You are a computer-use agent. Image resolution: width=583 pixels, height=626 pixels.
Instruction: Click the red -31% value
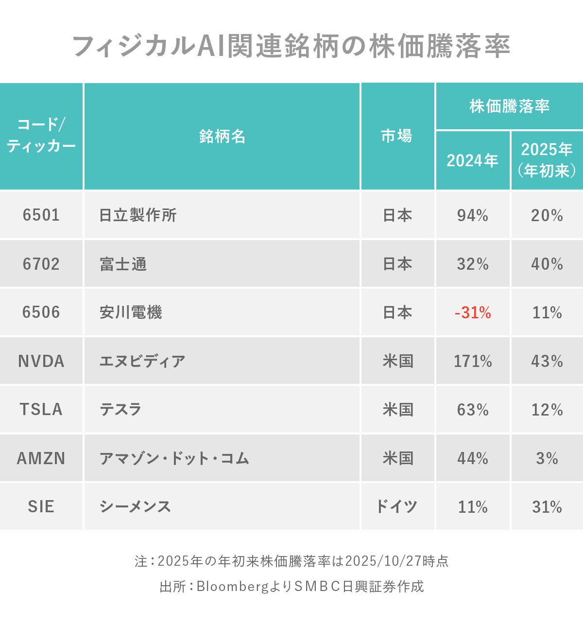[473, 313]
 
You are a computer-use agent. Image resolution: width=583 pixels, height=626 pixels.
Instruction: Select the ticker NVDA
[41, 361]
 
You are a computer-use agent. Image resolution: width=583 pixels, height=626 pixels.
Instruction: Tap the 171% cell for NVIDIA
[473, 361]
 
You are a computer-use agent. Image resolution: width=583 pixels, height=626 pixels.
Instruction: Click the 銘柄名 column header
[222, 137]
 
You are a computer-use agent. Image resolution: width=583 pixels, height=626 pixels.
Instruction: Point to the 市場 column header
[397, 137]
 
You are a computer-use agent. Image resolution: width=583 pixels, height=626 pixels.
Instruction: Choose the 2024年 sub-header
[472, 160]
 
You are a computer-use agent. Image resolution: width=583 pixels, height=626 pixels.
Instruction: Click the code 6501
[41, 215]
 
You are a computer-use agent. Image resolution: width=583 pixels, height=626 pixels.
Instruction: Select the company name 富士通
[123, 264]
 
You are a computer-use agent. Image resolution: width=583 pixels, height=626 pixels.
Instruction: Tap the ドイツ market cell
[397, 507]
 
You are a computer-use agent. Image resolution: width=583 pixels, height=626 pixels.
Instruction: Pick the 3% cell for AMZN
[547, 458]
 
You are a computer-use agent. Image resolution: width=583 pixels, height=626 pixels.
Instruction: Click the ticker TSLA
[41, 410]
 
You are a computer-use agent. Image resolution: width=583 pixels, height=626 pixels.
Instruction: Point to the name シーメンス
[135, 507]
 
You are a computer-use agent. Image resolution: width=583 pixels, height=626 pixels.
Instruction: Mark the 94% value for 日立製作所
[473, 215]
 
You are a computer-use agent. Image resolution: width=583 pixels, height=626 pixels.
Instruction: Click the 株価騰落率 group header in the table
[509, 106]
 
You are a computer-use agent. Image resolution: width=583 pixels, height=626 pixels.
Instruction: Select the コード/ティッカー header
[41, 136]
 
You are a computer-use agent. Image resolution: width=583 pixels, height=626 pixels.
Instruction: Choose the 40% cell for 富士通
[547, 264]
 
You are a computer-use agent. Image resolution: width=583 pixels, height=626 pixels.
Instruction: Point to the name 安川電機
[131, 313]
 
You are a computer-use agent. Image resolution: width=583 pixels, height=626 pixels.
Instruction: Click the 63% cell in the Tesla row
[473, 410]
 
